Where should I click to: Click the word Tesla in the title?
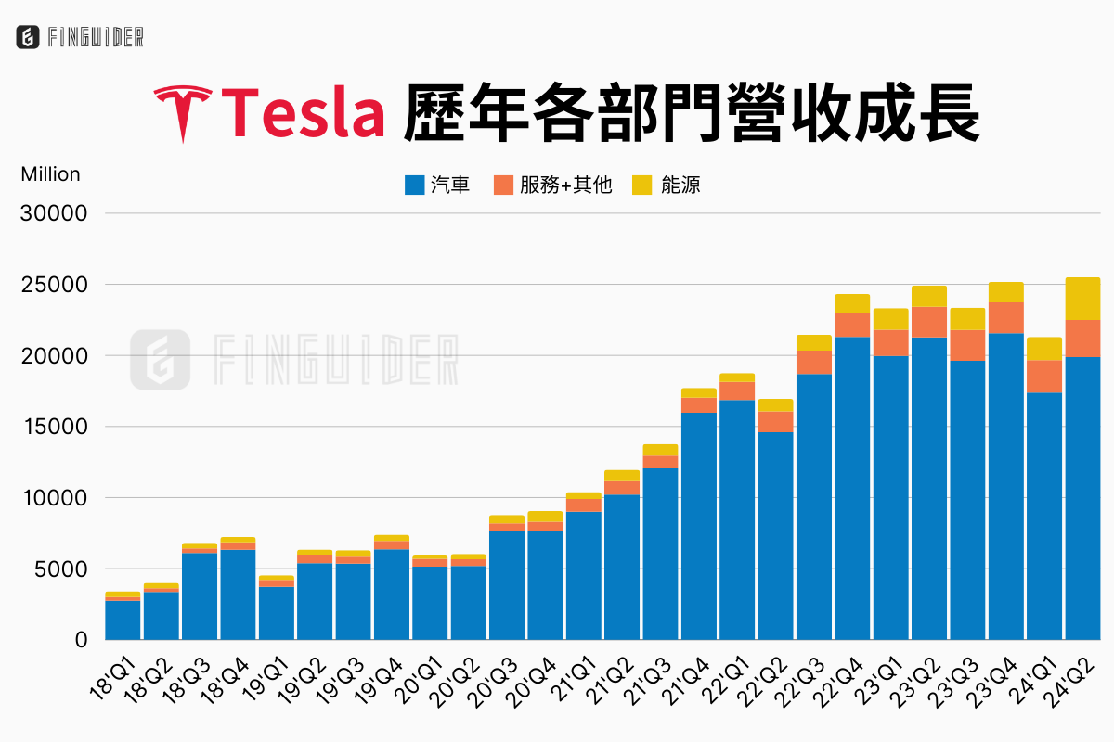[x=304, y=113]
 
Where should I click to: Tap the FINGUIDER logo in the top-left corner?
[x=80, y=37]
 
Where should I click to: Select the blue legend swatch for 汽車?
[x=414, y=185]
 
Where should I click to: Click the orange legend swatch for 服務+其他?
[x=503, y=185]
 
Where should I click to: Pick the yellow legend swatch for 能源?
[x=642, y=185]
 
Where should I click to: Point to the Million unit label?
[x=50, y=174]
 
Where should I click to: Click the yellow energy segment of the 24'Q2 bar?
[x=1082, y=299]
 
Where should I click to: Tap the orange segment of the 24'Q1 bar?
[x=1044, y=377]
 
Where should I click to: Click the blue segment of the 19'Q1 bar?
[x=277, y=613]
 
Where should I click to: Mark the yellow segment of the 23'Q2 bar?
[x=929, y=296]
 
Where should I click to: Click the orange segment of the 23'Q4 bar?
[x=1005, y=317]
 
